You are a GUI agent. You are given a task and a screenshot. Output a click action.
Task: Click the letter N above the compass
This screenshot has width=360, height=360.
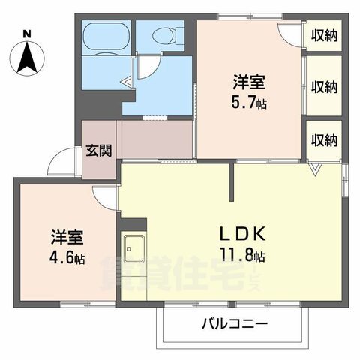point(27,34)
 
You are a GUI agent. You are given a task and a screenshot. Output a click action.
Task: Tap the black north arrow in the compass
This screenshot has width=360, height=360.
point(27,57)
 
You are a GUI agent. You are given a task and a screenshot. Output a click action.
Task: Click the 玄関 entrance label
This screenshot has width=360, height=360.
point(99,151)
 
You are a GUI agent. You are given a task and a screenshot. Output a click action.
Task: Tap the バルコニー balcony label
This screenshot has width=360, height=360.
point(235,324)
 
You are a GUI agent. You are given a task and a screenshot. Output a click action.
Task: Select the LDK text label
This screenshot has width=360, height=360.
point(242,234)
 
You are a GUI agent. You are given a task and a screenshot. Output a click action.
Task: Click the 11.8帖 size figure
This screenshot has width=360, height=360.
point(242,254)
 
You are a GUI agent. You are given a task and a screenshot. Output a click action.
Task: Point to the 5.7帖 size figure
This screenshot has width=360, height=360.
point(249,102)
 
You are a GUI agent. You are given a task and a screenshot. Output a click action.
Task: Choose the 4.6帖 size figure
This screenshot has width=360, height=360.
point(67,257)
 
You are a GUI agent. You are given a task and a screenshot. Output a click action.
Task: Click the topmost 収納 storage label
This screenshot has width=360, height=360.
point(324,36)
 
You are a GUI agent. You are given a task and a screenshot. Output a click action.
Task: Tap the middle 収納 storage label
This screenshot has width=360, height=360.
point(324,87)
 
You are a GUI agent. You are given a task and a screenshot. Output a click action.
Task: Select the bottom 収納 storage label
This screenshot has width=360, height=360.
point(324,140)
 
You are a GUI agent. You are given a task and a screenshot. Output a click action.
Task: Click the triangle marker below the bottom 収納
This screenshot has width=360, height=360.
point(315,169)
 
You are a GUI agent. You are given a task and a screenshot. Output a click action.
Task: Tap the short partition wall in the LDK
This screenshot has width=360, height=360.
point(232,181)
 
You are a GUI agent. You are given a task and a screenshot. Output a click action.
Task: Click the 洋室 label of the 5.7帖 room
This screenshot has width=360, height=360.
point(249,82)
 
